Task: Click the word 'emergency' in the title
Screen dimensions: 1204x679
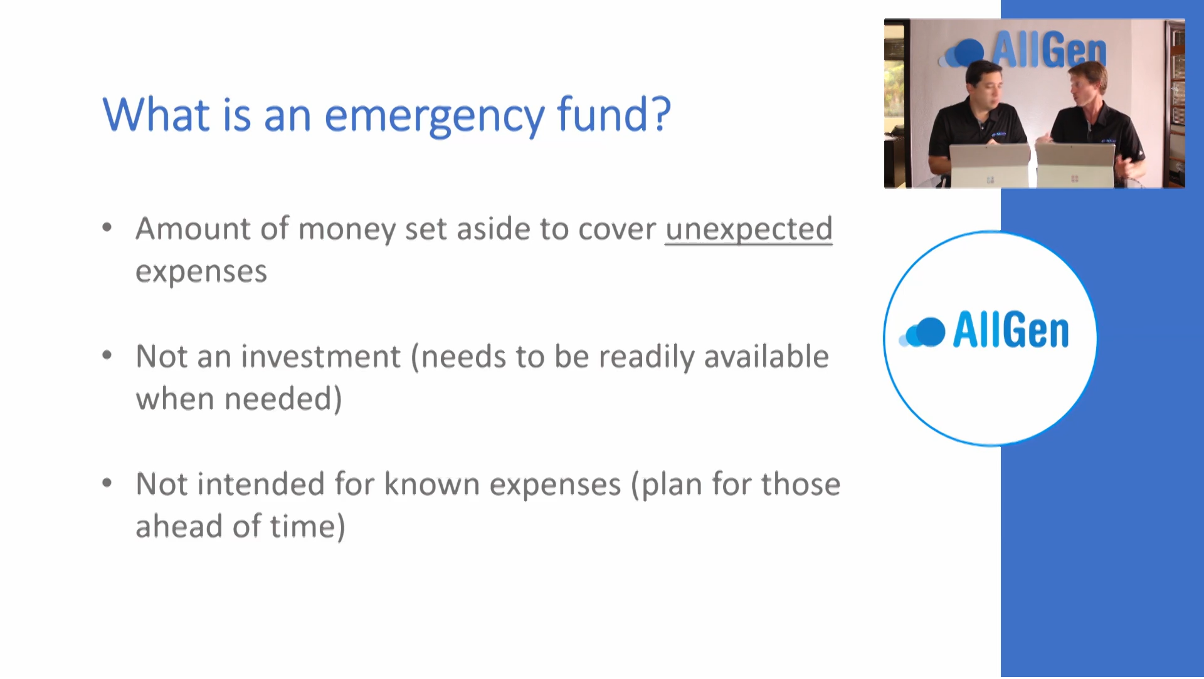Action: coord(435,117)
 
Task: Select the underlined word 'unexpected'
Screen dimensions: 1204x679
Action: coord(749,229)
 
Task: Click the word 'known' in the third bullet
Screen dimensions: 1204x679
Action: coord(432,484)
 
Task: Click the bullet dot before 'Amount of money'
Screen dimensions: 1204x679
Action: coord(107,228)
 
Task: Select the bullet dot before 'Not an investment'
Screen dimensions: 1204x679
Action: coord(107,355)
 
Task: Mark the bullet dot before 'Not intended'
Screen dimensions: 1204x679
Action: coord(107,483)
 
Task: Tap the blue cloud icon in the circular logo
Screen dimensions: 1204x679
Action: coord(922,332)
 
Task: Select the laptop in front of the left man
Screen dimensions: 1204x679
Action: coord(990,166)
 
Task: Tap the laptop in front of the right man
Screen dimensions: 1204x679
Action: coord(1075,166)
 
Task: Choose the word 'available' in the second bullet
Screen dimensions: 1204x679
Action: coord(766,357)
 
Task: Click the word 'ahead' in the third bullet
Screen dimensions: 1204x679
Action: coord(179,527)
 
